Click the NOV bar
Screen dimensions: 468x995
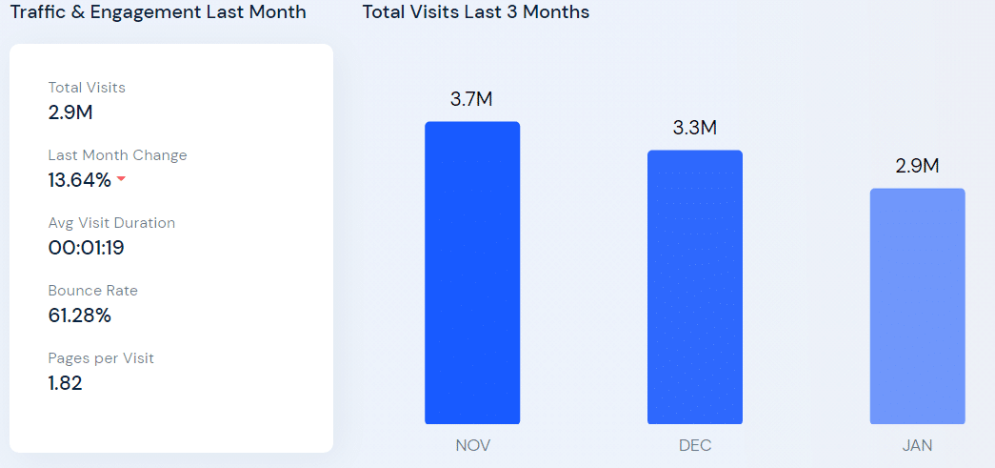point(472,273)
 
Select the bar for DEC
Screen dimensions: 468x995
point(695,287)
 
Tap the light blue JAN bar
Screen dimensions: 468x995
point(917,306)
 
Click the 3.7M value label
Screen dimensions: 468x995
point(471,99)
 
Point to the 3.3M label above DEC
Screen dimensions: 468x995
point(694,128)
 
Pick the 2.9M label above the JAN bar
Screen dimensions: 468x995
point(917,166)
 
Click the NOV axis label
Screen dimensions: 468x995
point(472,445)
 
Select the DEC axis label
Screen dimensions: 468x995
point(695,445)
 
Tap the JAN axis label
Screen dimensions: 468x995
point(917,445)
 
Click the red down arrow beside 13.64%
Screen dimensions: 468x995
point(121,179)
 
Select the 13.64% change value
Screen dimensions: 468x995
point(80,179)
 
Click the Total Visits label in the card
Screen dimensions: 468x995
point(87,88)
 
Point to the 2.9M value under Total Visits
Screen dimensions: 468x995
point(70,112)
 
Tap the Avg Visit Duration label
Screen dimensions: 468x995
point(111,223)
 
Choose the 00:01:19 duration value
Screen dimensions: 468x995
point(87,248)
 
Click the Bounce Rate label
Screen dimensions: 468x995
point(93,291)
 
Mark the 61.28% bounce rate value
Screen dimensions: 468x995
point(80,315)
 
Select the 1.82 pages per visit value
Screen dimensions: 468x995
point(66,383)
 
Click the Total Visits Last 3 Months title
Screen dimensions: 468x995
point(475,12)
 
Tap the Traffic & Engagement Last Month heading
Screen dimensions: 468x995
point(158,12)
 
